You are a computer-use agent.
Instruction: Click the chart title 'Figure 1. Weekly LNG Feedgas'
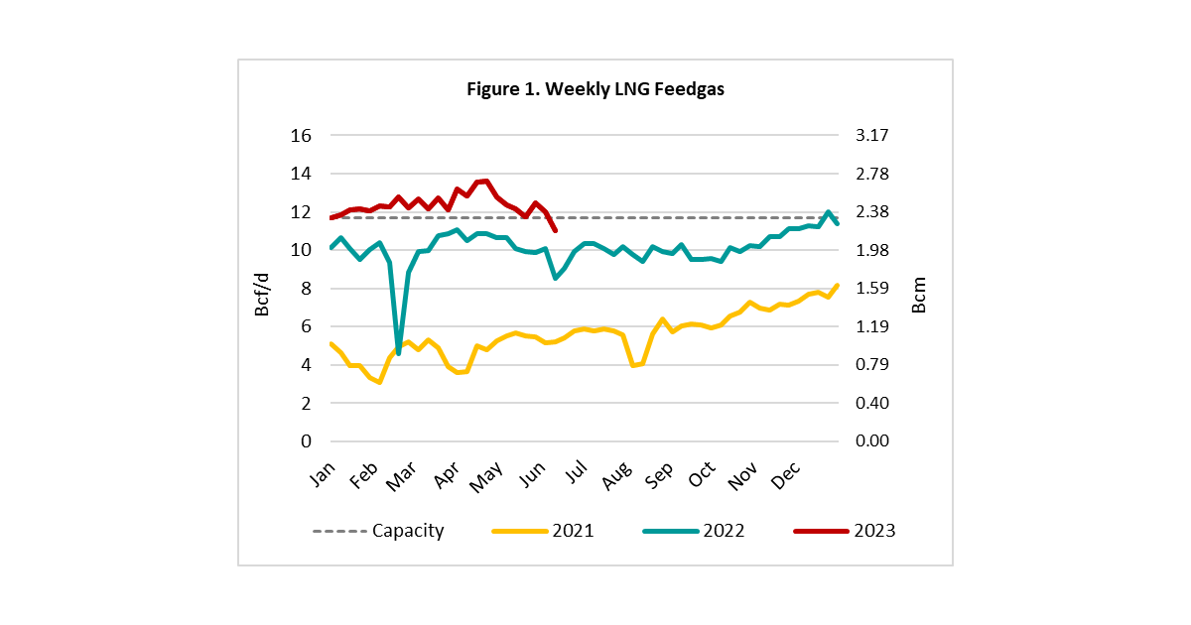(x=595, y=88)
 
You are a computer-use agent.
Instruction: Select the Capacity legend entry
(x=378, y=531)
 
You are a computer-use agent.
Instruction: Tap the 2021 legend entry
(x=543, y=531)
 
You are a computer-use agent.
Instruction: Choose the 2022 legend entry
(x=694, y=531)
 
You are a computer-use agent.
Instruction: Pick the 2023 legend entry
(x=845, y=531)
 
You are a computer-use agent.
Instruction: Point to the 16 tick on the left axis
(x=301, y=136)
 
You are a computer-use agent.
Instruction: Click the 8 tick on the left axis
(x=306, y=289)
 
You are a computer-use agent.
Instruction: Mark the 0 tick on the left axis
(x=306, y=441)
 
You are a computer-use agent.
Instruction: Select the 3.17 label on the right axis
(x=872, y=135)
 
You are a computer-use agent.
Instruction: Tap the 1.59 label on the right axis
(x=872, y=288)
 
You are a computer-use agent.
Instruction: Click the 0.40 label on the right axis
(x=872, y=403)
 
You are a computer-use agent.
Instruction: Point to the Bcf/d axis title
(x=262, y=295)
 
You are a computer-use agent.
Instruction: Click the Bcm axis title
(x=919, y=295)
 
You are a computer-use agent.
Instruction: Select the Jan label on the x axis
(x=323, y=473)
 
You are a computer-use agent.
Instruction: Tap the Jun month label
(x=532, y=474)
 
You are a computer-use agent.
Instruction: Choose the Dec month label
(x=785, y=475)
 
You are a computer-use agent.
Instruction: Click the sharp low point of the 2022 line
(x=398, y=353)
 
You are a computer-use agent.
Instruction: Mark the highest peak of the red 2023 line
(x=487, y=182)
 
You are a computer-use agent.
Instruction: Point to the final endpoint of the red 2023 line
(x=556, y=230)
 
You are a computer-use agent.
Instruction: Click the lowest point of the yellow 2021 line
(x=379, y=382)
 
